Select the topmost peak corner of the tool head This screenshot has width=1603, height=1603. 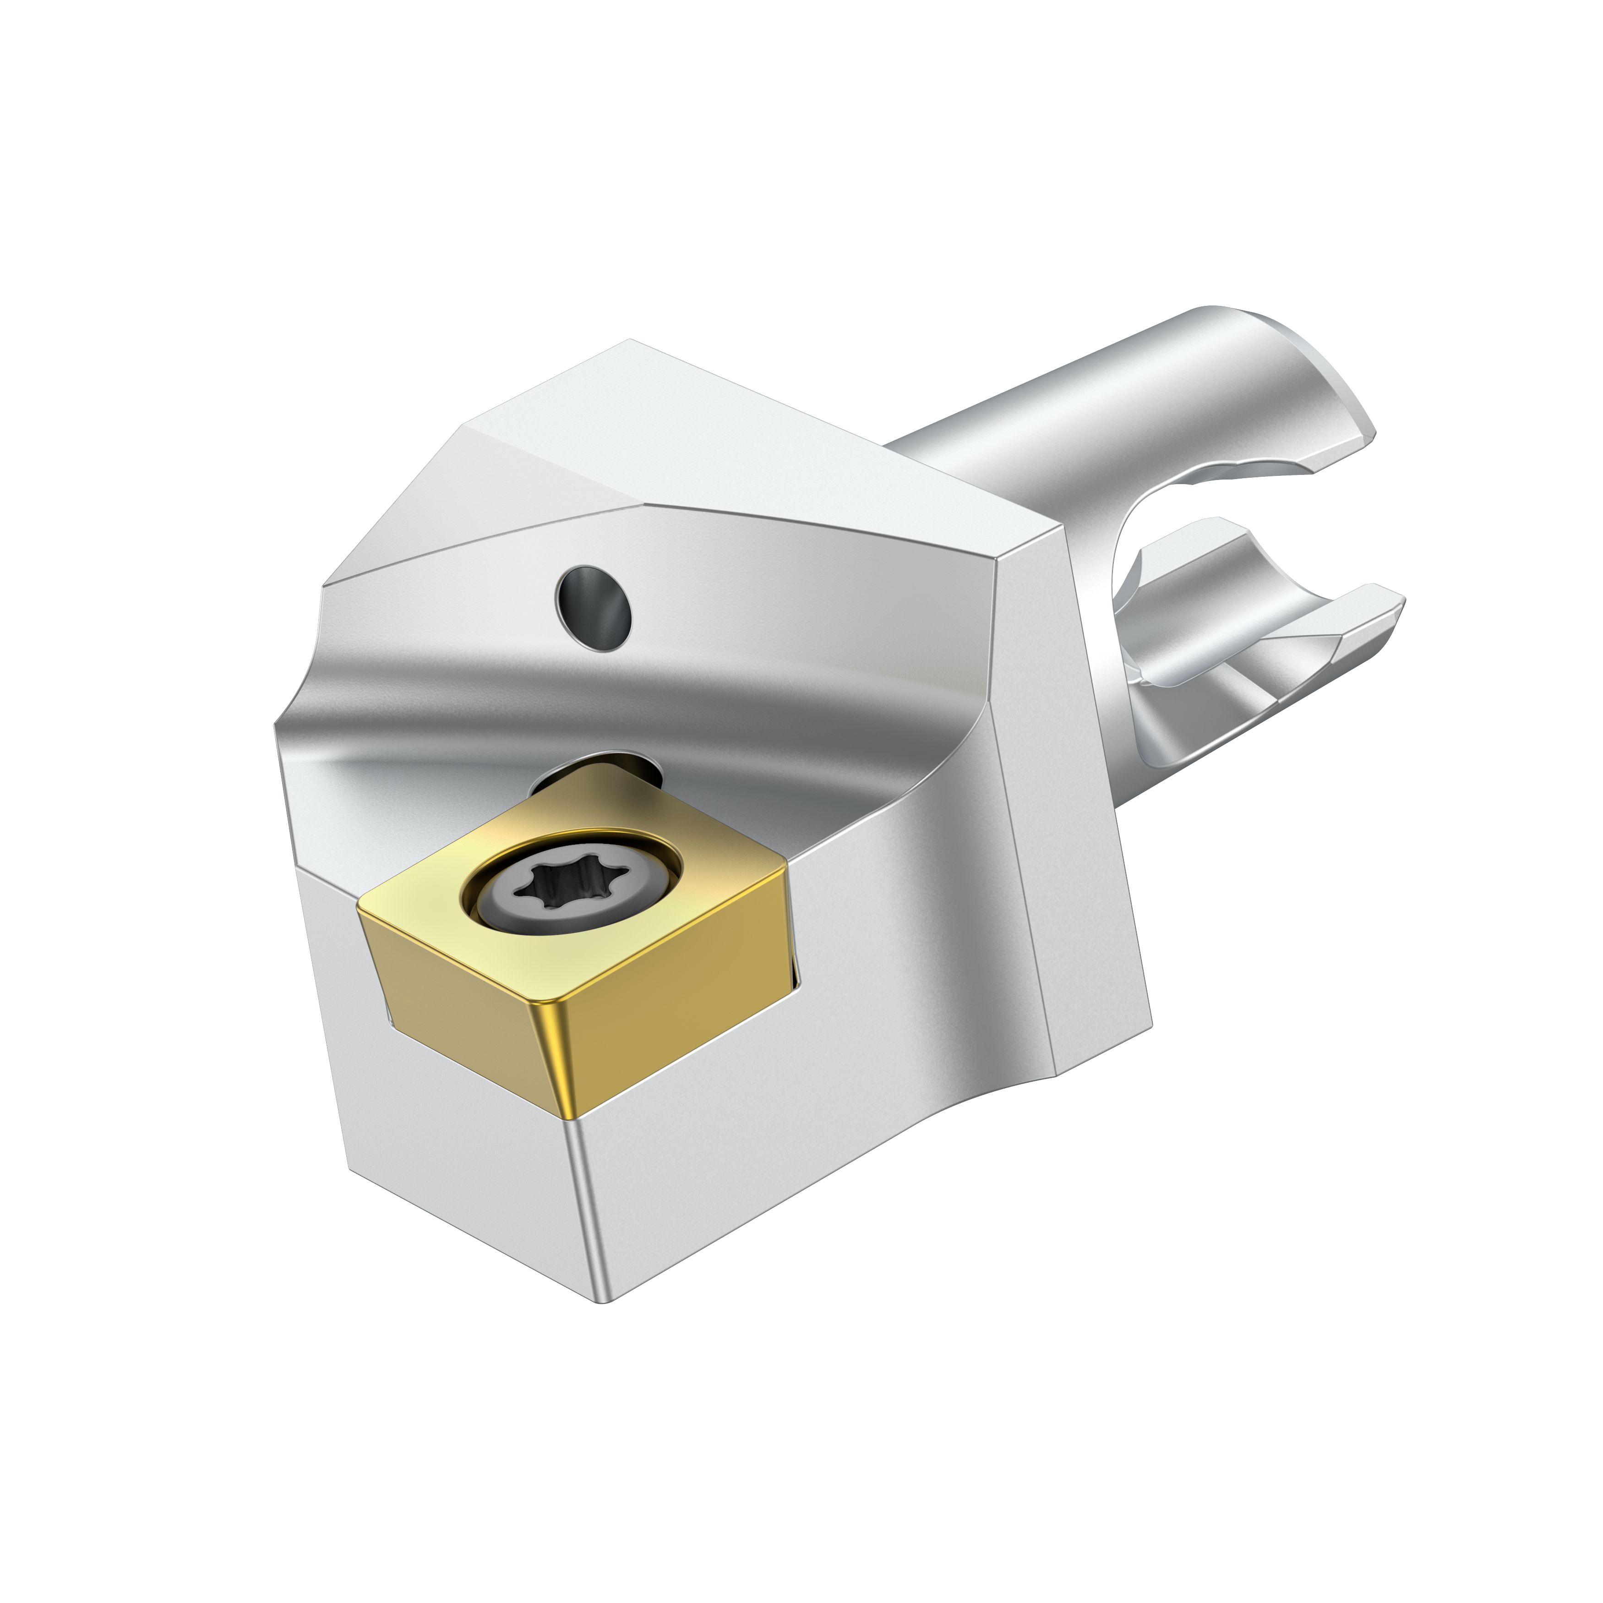(x=631, y=341)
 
